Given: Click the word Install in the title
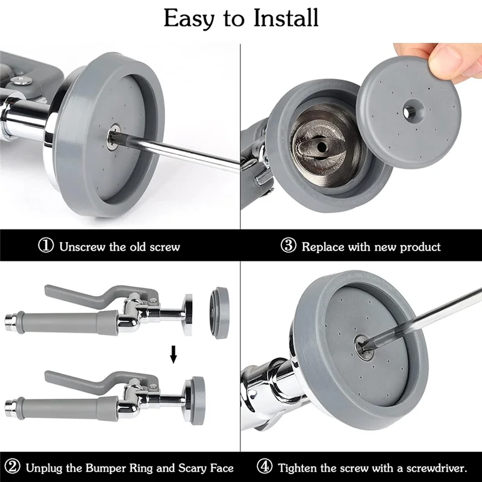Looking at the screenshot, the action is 286,18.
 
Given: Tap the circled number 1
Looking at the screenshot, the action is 46,246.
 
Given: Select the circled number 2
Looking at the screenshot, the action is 12,467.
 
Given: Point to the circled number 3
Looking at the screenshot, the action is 289,246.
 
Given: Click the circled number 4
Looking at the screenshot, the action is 264,467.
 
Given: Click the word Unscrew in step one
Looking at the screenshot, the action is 82,247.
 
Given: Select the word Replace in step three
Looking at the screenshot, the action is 323,247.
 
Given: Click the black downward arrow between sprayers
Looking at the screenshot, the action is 174,354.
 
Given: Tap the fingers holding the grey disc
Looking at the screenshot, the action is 443,60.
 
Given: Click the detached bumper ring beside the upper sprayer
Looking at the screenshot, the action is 220,313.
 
